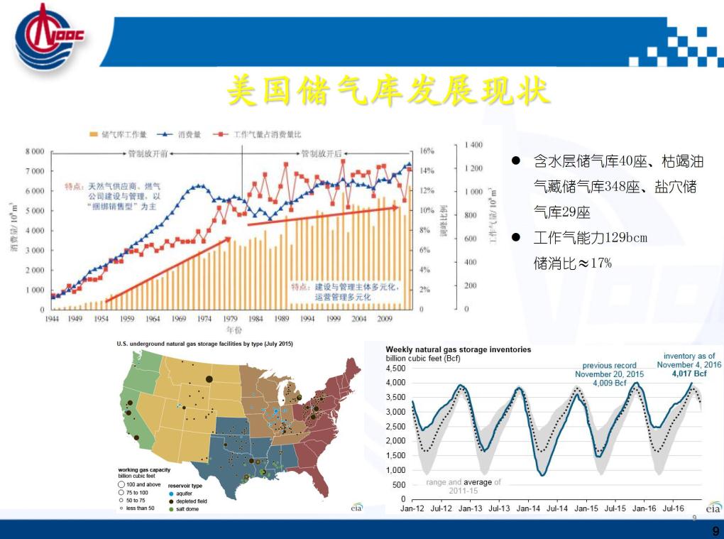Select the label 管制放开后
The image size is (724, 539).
(x=322, y=153)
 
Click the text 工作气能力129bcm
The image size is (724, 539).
(x=590, y=237)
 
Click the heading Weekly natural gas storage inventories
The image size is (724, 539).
(x=458, y=349)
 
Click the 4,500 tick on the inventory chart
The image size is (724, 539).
(x=396, y=369)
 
